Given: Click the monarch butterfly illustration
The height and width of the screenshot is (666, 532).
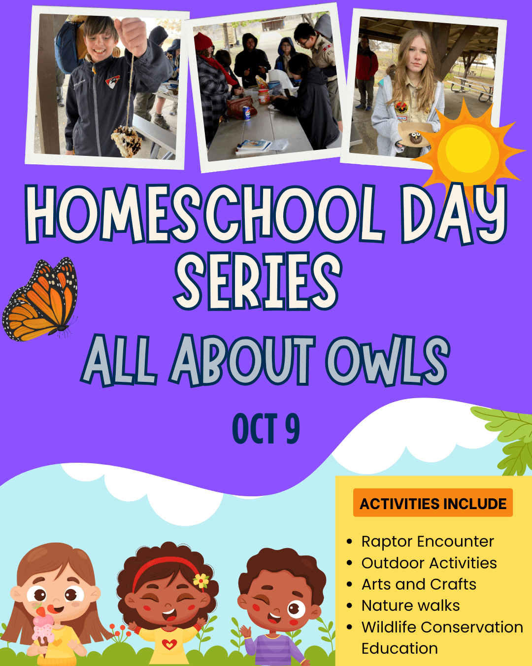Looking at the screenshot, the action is click(x=40, y=300).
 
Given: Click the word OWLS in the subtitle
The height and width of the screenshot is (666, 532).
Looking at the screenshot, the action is click(x=388, y=361).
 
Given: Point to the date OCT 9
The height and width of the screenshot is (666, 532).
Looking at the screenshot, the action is click(x=266, y=428).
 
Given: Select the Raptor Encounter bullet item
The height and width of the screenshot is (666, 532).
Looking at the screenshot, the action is click(x=428, y=542).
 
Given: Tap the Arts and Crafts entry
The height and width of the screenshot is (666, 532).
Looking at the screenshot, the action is click(x=419, y=584).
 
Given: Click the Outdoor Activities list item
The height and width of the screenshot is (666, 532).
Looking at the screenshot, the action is click(x=429, y=563).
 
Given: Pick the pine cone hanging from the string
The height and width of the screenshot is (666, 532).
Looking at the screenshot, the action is click(x=127, y=141).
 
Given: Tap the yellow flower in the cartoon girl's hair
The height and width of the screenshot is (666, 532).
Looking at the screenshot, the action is click(x=201, y=581).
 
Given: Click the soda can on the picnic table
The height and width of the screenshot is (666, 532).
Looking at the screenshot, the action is click(x=246, y=113).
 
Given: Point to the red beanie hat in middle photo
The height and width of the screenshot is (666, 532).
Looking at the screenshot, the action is click(x=203, y=41).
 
